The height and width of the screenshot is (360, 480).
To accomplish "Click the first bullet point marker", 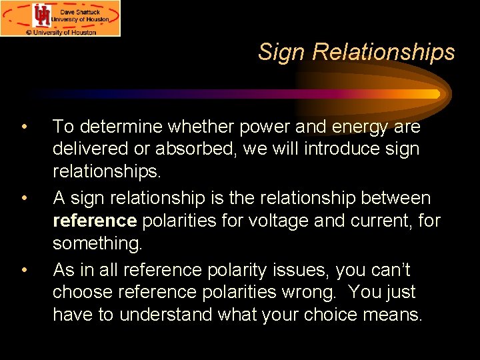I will click(x=23, y=127).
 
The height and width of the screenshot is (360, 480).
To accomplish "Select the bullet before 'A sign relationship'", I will click(x=23, y=199).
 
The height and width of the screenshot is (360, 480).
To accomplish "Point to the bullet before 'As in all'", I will click(x=23, y=271).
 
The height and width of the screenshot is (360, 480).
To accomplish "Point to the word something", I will click(x=97, y=244).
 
